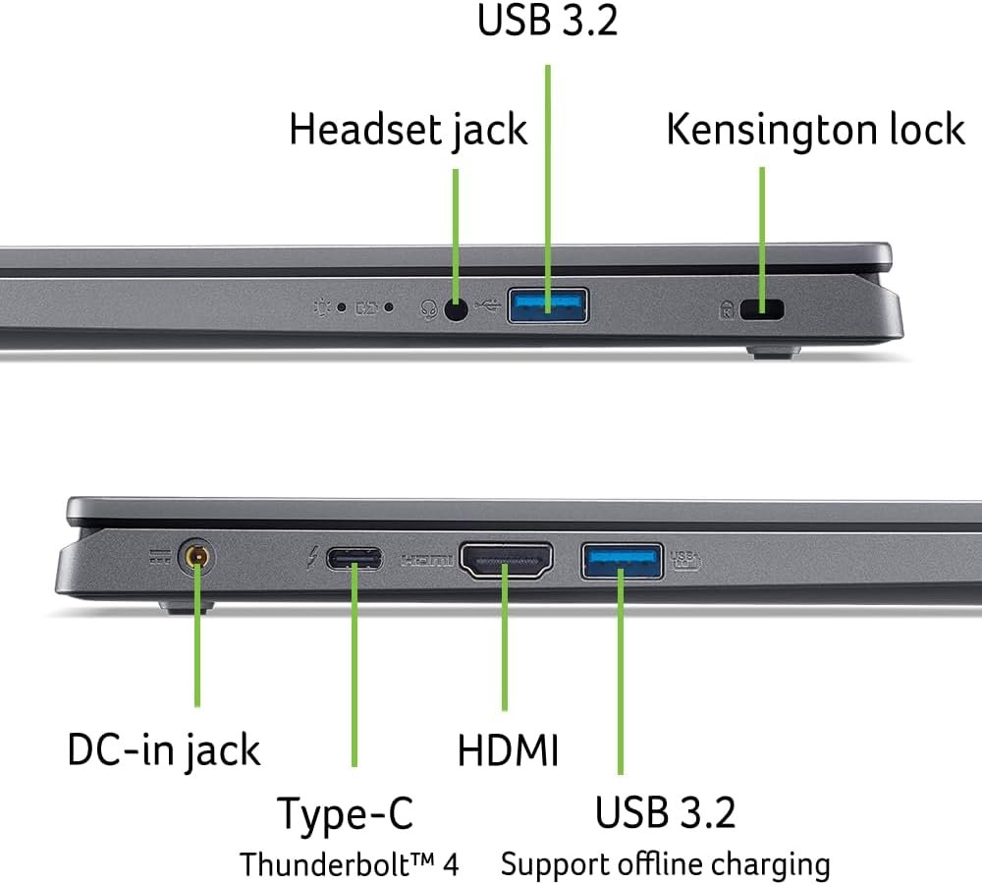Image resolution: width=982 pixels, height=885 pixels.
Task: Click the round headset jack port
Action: point(456,308)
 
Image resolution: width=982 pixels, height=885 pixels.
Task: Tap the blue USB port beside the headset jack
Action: point(548,304)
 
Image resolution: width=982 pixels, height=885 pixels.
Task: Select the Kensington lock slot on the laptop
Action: point(763,309)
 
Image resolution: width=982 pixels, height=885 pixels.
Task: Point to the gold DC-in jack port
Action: point(196,559)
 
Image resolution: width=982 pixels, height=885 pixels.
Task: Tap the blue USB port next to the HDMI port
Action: point(621,561)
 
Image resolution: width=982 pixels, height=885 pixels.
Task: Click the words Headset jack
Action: point(408,131)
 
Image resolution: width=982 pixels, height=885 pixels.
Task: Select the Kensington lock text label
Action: point(815,130)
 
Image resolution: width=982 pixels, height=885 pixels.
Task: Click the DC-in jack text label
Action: point(164,750)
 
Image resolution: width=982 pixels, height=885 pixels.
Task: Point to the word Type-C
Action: point(345,814)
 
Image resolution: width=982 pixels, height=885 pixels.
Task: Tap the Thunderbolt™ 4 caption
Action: point(349,864)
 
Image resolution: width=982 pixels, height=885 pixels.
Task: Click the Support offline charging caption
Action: point(665,864)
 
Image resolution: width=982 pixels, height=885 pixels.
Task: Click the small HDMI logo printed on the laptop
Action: point(426,561)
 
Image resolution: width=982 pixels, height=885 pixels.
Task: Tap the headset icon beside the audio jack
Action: point(428,308)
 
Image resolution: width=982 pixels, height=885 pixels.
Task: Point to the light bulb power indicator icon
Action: point(321,307)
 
